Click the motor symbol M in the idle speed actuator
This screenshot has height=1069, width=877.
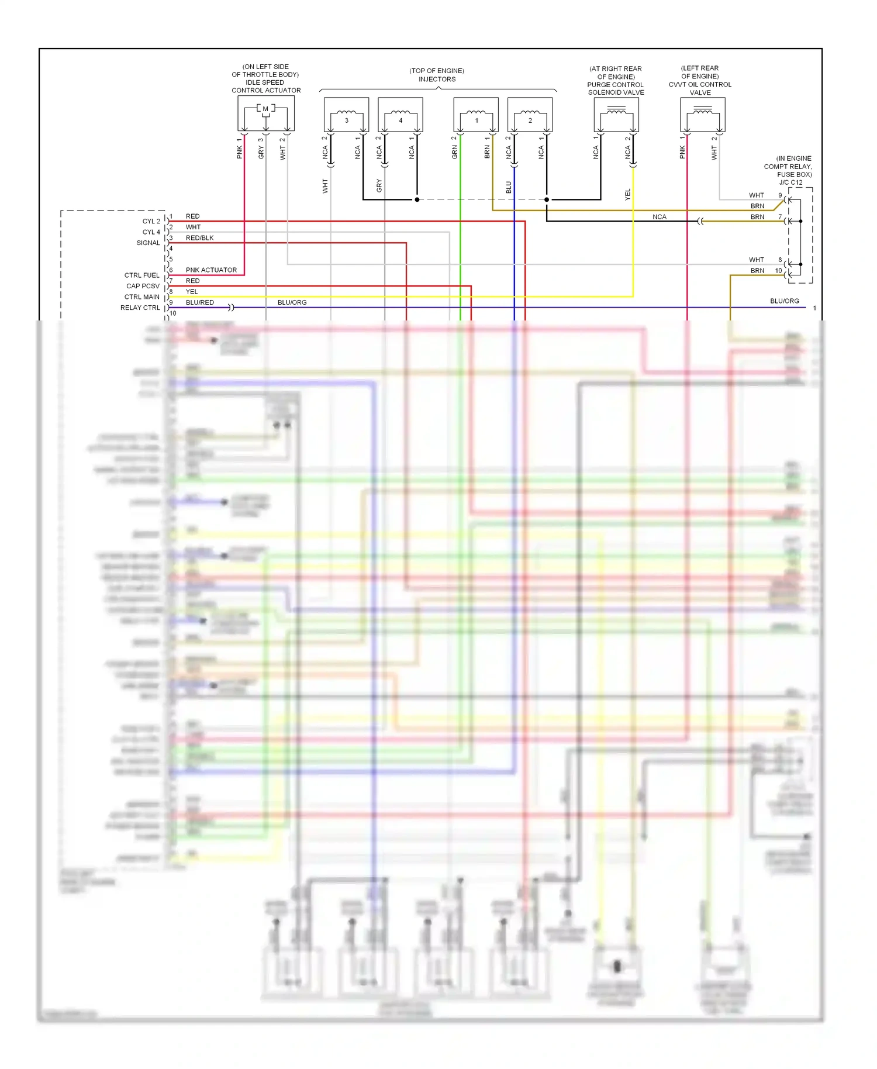coord(265,109)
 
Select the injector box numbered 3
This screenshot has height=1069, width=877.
coord(346,115)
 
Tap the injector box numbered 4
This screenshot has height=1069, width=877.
coord(400,115)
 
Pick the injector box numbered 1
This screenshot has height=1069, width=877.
coord(476,115)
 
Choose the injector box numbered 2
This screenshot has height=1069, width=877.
coord(530,115)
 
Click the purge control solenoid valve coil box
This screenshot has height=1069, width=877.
coord(616,115)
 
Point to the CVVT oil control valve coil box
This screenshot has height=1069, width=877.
coord(702,115)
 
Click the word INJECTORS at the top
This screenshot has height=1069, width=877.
coord(437,79)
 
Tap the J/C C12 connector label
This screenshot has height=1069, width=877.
coord(790,182)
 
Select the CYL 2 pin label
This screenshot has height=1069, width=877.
coord(151,222)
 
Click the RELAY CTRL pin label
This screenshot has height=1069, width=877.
coord(140,308)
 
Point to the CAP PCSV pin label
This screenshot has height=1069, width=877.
coord(143,286)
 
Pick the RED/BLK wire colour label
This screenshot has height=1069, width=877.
coord(199,238)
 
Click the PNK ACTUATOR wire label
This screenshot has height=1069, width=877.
coord(211,270)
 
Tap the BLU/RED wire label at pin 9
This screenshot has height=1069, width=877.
coord(199,302)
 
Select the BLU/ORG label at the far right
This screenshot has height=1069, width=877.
coord(784,301)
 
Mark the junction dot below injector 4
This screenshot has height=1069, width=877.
coord(417,199)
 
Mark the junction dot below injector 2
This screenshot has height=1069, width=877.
coord(547,199)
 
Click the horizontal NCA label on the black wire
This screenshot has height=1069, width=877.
coord(659,217)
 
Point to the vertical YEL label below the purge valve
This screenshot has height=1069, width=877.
coord(628,195)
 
